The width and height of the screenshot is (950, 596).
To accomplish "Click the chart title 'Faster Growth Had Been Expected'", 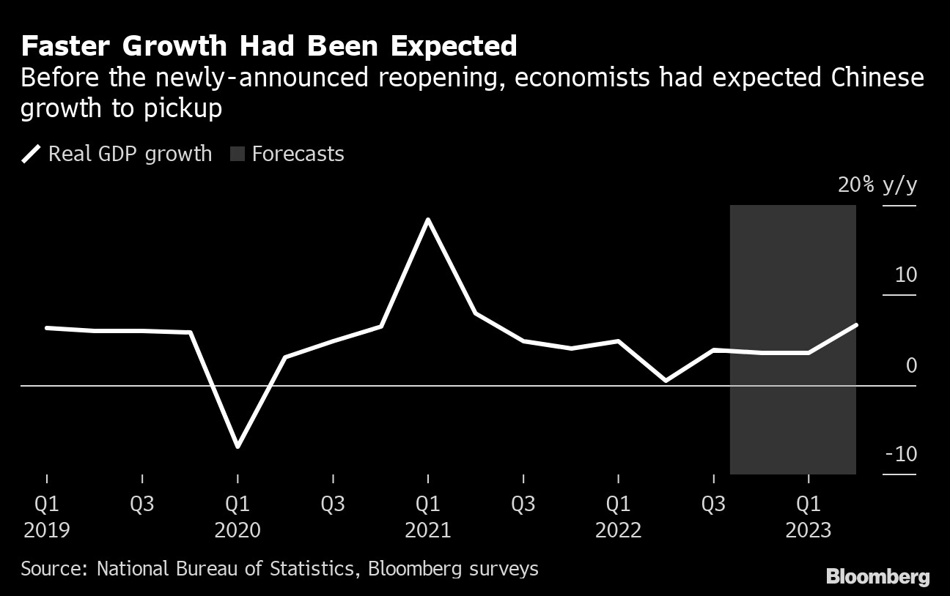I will point(269,47).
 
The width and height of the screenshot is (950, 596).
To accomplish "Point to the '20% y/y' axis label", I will point(877,185).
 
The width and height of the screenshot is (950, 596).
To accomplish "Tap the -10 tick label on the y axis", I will point(901,455).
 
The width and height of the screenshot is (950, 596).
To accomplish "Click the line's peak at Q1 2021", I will point(428,220).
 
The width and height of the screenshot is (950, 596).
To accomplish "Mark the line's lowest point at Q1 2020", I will point(237,446).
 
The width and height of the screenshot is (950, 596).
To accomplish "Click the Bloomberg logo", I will point(877,577).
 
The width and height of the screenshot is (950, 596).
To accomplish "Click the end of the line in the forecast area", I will point(855,325).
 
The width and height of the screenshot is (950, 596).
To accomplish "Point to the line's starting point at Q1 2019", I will point(47,328).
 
